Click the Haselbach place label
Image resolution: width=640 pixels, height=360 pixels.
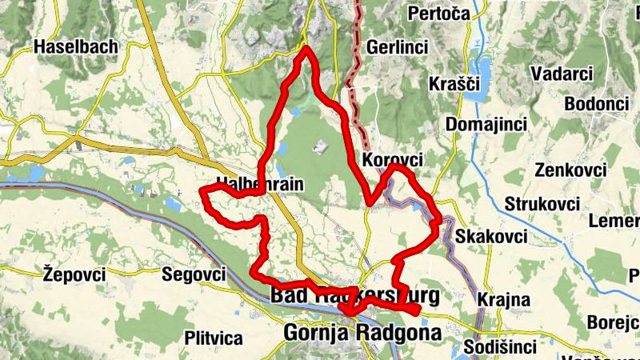click(x=76, y=47)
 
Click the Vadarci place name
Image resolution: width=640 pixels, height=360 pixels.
click(x=561, y=74)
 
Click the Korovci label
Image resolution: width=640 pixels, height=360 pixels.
click(x=392, y=160)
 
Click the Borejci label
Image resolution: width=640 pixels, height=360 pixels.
click(x=613, y=322)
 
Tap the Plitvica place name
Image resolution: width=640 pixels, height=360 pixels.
click(x=213, y=336)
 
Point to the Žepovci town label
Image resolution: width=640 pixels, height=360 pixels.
click(x=74, y=274)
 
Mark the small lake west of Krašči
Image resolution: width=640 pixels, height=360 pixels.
click(x=482, y=72)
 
